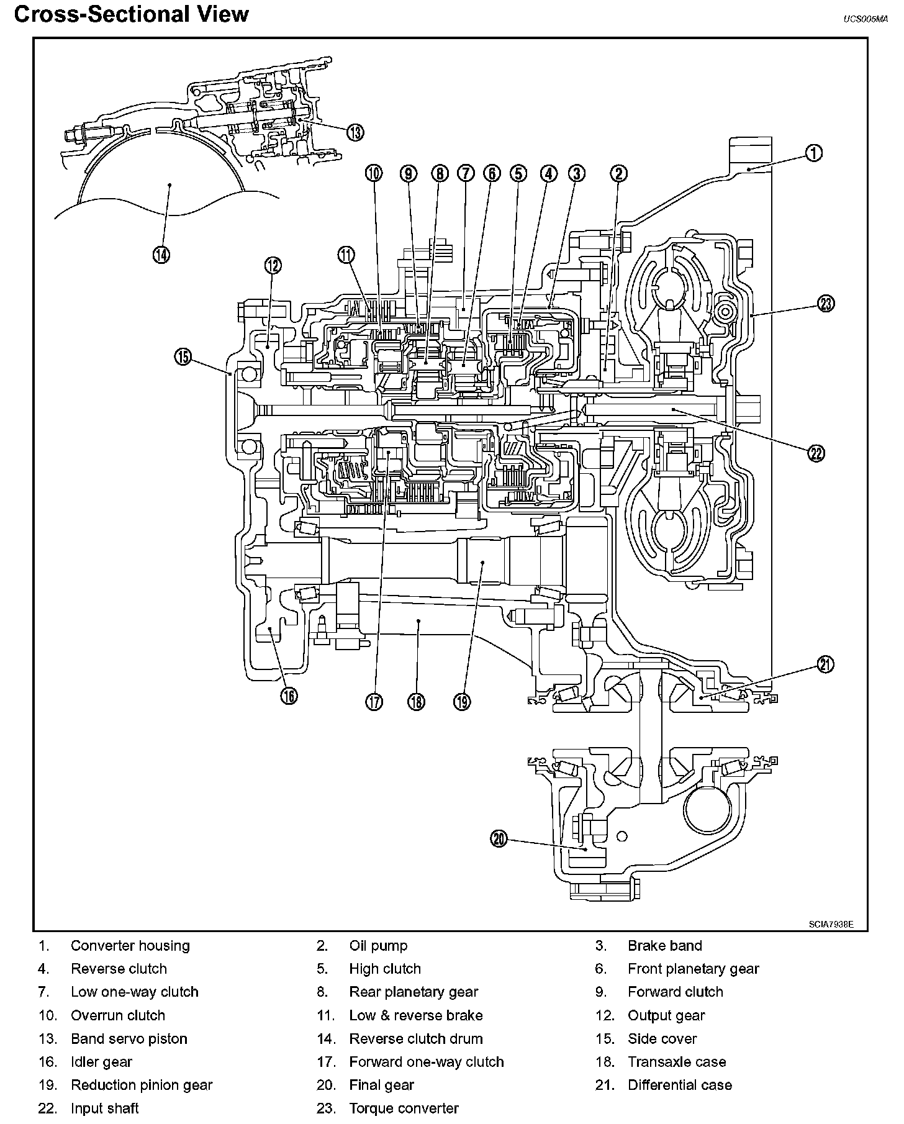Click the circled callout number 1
tap(814, 153)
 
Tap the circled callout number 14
tap(161, 254)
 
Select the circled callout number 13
tap(355, 132)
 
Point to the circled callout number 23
tap(826, 304)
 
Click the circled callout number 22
tap(816, 453)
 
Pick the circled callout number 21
tap(825, 664)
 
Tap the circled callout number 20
tap(499, 839)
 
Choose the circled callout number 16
tap(289, 696)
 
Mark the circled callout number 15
tap(183, 358)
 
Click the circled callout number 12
tap(273, 266)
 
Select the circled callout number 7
tap(466, 173)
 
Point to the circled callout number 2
tap(618, 173)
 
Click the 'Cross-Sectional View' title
tap(131, 14)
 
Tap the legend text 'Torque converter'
tap(404, 1108)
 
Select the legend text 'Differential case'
tap(680, 1085)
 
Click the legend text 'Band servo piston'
tap(129, 1038)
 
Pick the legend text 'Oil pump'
tap(378, 946)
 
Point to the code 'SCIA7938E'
tap(831, 923)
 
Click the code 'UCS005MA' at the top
tap(865, 19)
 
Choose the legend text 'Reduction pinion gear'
tap(142, 1085)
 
